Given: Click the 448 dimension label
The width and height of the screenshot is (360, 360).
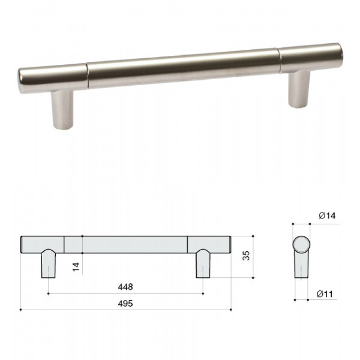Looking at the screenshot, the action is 125,287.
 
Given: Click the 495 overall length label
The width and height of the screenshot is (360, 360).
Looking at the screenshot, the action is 125,304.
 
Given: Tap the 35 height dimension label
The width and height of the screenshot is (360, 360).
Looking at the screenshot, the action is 246,256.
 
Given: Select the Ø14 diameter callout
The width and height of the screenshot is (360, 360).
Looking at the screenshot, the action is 327,215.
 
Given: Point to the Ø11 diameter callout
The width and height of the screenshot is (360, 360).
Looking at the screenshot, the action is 325,294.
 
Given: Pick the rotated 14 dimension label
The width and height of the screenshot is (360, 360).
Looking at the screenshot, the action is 76,267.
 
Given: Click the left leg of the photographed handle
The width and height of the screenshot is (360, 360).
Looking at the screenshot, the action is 62,110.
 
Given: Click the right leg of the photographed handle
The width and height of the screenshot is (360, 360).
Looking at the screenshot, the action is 299,89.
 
